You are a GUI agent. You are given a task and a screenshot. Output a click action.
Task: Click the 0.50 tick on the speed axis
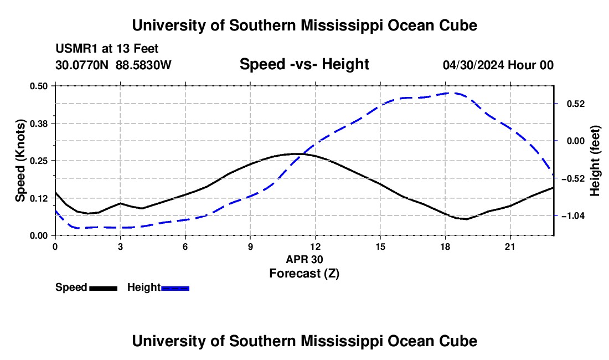click(x=38, y=86)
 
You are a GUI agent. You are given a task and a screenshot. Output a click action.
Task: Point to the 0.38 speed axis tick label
click(x=38, y=124)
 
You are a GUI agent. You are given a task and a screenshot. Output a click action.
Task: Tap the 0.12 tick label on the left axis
click(x=38, y=198)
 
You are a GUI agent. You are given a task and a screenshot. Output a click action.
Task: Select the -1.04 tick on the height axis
click(x=573, y=215)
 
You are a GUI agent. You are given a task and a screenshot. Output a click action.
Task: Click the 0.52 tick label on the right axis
click(x=576, y=104)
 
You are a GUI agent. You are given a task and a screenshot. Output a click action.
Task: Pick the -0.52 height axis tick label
click(x=573, y=179)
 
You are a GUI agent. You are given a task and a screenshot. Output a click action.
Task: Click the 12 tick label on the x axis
click(x=316, y=246)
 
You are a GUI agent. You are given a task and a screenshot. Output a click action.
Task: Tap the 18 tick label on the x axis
click(x=445, y=246)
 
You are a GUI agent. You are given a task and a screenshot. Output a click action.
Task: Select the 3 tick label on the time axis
click(x=120, y=246)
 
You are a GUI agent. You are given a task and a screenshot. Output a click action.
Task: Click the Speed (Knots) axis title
click(x=20, y=161)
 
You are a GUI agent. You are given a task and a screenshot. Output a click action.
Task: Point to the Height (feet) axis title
click(x=595, y=161)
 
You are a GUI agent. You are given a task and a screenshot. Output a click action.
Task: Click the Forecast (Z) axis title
click(x=304, y=274)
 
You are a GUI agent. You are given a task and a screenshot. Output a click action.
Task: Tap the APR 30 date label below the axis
click(x=304, y=259)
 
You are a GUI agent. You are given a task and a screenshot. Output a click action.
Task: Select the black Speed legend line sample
click(x=104, y=289)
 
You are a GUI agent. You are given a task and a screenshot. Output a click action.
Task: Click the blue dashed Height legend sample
click(x=175, y=289)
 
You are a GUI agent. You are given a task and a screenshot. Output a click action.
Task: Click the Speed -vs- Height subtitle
click(x=304, y=64)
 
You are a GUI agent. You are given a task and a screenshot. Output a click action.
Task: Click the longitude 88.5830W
click(x=143, y=65)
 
